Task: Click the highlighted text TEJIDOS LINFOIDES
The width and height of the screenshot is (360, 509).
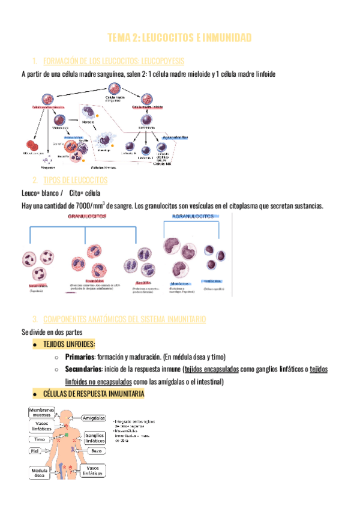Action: tap(68, 345)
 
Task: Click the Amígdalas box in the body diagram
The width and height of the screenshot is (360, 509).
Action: tap(94, 417)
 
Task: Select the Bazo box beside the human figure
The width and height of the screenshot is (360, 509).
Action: tap(97, 450)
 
